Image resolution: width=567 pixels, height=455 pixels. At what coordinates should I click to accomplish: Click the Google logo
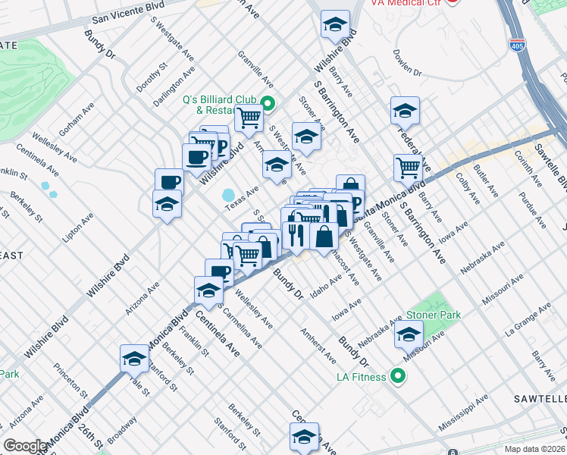click(x=26, y=446)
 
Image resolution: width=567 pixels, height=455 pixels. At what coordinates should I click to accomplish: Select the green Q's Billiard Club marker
click(x=267, y=104)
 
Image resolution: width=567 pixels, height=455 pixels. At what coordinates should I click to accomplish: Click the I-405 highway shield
click(x=517, y=44)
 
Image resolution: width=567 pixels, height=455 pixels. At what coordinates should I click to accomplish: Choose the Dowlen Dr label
click(x=407, y=64)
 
